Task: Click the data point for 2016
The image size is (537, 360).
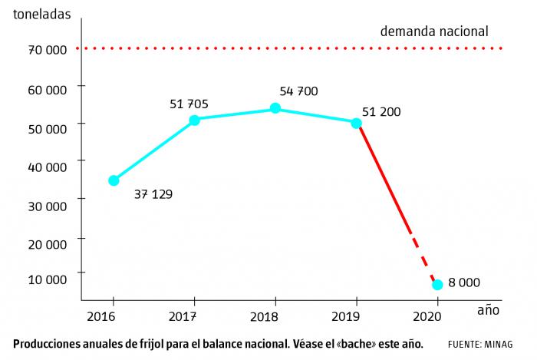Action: coord(114,180)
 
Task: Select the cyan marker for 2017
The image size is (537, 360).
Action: coord(194,120)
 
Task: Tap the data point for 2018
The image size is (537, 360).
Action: coord(275,108)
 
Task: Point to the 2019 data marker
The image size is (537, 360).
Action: coord(356,123)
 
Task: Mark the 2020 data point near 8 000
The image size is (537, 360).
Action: coord(437,285)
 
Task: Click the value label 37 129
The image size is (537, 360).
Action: coord(153,194)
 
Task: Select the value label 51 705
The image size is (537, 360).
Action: coord(189,104)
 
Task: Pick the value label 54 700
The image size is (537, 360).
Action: coord(299,91)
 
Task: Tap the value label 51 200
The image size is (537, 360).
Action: coord(381,112)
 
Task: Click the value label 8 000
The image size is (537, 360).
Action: coord(464,282)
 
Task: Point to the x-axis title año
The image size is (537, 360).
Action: coord(488,311)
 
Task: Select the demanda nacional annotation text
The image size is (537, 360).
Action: coord(434,31)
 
